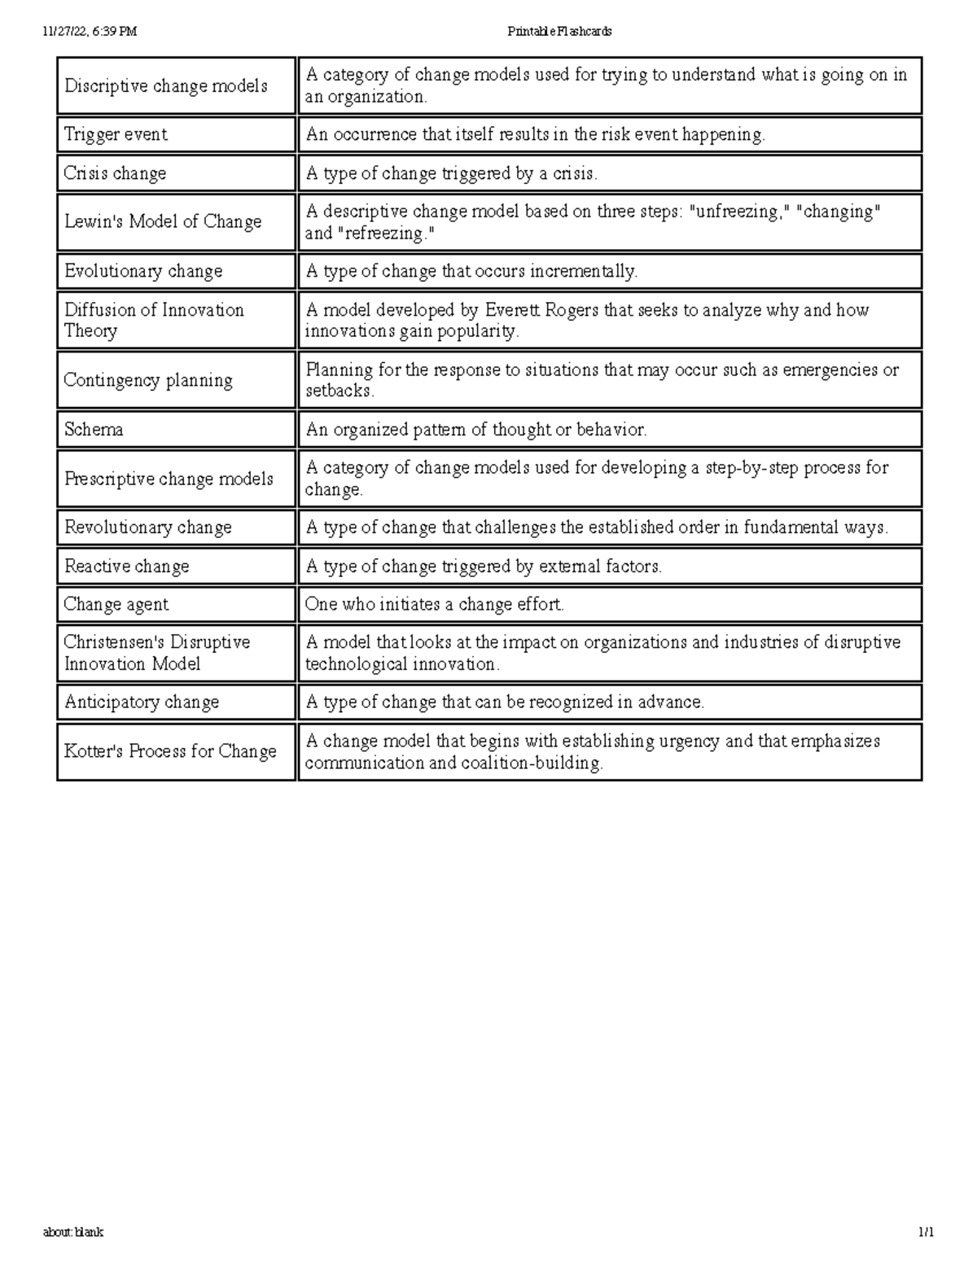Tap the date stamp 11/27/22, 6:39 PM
(90, 32)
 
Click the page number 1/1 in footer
(926, 1232)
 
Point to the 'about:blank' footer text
(73, 1232)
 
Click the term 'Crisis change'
(115, 173)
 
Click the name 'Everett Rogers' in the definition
(541, 310)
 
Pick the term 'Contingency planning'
(148, 380)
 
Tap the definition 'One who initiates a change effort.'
(434, 605)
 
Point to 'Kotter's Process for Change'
(170, 751)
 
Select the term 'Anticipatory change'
(142, 702)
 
